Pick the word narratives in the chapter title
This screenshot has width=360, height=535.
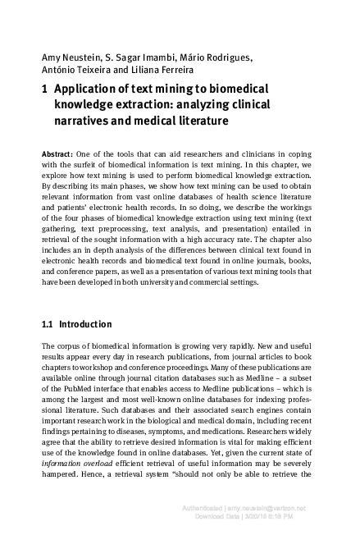pyautogui.click(x=82, y=122)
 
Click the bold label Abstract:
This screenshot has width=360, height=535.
pyautogui.click(x=59, y=155)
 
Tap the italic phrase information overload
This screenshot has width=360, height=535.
pyautogui.click(x=79, y=454)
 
